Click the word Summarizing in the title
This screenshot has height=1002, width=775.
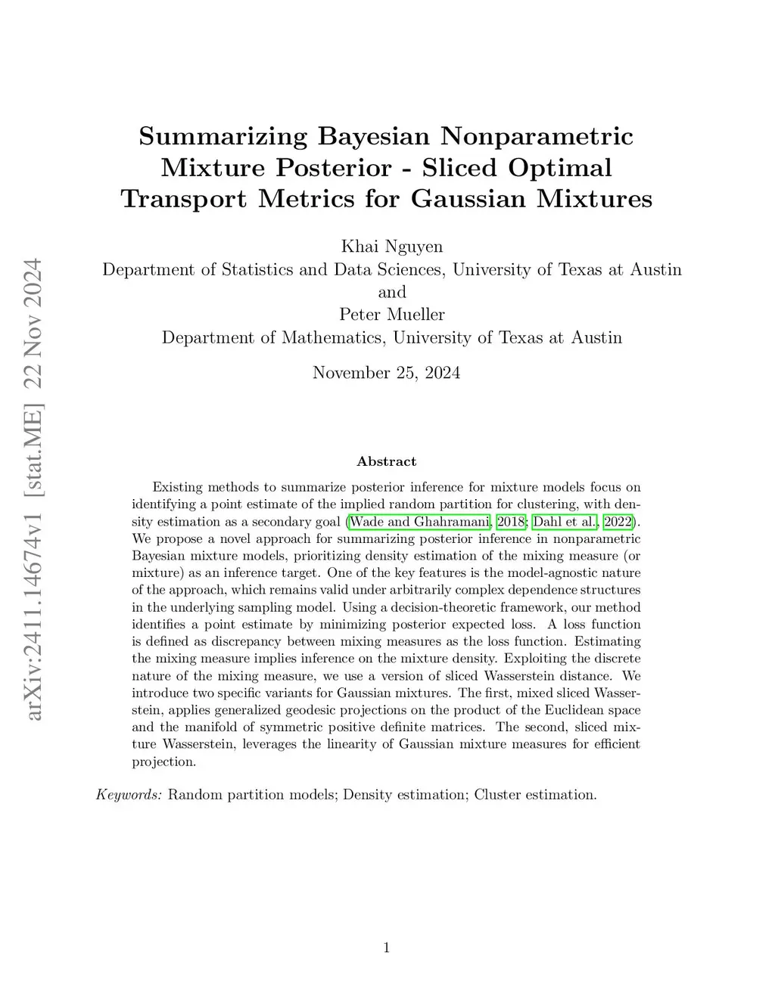coord(223,137)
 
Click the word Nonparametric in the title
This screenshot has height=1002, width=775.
coord(537,137)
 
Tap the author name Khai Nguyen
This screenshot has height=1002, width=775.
coord(392,247)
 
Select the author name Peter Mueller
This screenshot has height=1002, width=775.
coord(392,315)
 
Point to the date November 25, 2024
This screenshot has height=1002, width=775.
coord(386,373)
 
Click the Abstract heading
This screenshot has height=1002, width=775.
coord(386,461)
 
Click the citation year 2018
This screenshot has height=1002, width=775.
coord(512,522)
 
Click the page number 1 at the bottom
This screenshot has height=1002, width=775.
coord(387,948)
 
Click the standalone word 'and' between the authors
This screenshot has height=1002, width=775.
coord(392,292)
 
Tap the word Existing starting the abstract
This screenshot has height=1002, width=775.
coord(179,487)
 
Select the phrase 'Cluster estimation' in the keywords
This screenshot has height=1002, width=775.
coord(535,795)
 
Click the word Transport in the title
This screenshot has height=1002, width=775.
coord(185,199)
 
